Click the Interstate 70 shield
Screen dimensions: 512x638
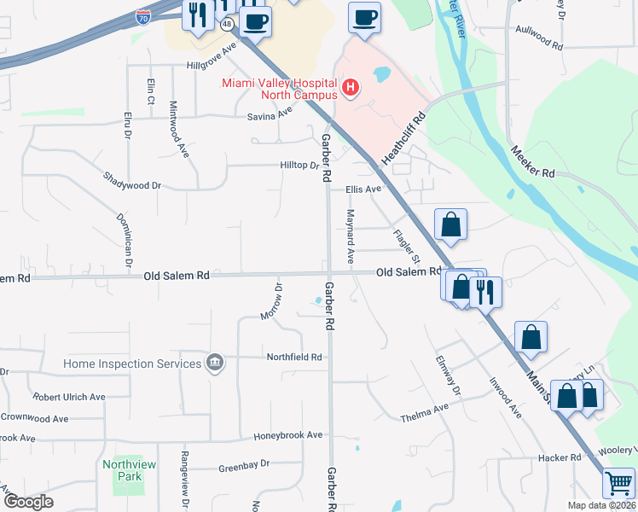144,15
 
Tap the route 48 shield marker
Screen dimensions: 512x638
226,26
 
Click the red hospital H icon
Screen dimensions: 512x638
348,87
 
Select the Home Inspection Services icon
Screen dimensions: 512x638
214,364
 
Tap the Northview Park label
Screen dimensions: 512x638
123,470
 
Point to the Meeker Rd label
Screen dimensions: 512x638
533,160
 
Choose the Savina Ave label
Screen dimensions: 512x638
270,116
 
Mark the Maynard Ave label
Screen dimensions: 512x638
349,235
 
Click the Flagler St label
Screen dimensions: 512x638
408,245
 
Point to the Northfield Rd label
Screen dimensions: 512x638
294,357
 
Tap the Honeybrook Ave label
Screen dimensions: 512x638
288,435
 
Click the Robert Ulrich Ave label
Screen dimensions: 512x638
68,397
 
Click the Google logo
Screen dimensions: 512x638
28,502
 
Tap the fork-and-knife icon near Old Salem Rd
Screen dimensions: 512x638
485,291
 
